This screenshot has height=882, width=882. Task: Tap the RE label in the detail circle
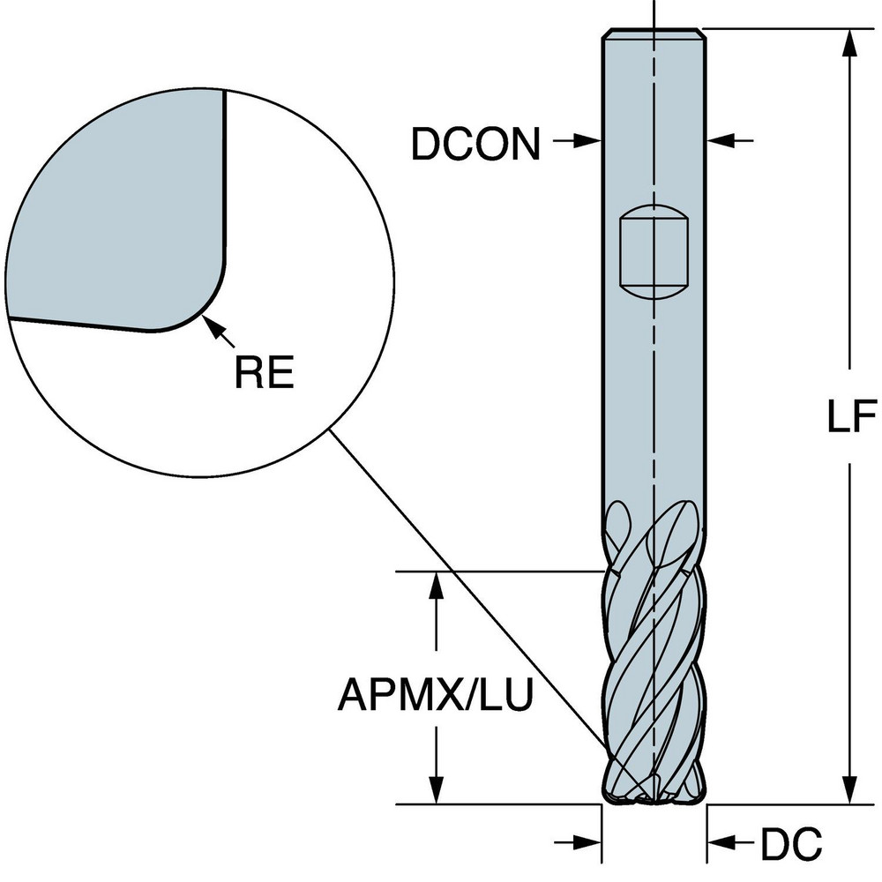pos(263,373)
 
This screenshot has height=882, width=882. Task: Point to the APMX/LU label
pos(435,696)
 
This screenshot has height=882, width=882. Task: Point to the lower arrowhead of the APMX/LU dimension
pos(435,790)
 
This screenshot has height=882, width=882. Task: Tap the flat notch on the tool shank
pos(654,256)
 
